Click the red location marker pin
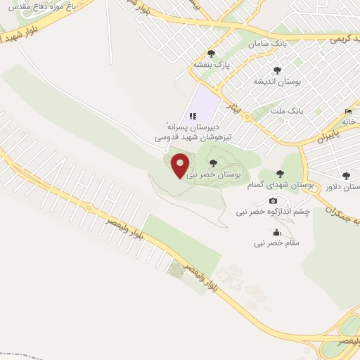coord(181,165)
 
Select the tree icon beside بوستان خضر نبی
coord(213,163)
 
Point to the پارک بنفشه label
coord(212,65)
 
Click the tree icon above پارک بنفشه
coord(212,54)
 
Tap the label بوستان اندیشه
coord(278,82)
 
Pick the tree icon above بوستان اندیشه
coord(278,70)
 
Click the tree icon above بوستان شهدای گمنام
coord(280,174)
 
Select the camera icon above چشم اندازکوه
coord(274,201)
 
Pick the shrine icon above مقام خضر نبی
coord(277,232)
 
